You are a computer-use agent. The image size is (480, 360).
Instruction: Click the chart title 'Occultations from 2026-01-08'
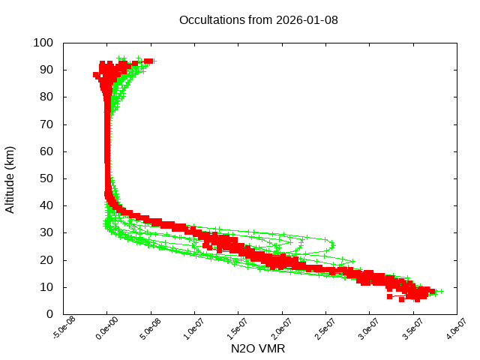(259, 19)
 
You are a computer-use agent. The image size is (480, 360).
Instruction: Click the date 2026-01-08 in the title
(308, 19)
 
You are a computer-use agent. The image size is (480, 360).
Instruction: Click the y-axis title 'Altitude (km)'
(10, 179)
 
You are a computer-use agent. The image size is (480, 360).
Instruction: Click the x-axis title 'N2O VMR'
(259, 349)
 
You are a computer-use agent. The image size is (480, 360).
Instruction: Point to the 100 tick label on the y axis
(43, 43)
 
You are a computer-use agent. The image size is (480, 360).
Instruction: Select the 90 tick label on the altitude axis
(46, 70)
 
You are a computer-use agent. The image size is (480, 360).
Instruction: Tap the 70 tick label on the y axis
(46, 124)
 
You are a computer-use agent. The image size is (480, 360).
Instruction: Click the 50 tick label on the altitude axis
(46, 178)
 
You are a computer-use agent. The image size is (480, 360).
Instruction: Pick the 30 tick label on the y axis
(46, 232)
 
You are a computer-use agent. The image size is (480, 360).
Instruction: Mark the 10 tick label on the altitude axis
(46, 286)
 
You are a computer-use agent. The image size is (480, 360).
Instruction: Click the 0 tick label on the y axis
(49, 313)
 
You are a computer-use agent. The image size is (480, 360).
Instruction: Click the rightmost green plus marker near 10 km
(440, 291)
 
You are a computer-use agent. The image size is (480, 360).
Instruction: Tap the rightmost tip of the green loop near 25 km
(333, 244)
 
